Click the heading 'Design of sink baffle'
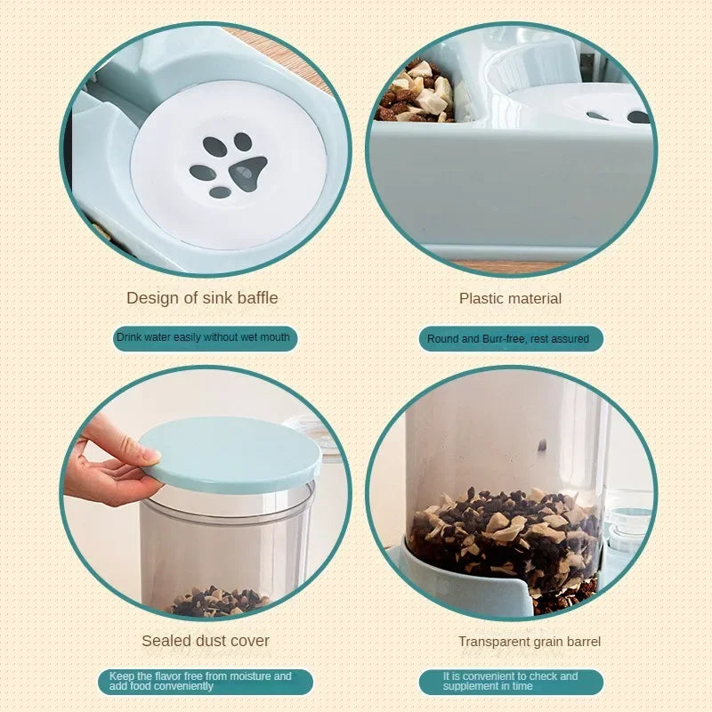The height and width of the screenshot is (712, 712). point(202,298)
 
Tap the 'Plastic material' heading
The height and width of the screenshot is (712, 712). point(510,298)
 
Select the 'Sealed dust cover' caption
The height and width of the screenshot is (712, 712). point(205,641)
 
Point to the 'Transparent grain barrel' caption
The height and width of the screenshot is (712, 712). point(529,642)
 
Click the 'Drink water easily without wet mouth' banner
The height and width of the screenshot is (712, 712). point(204,338)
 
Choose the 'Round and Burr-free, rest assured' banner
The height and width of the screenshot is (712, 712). point(510,339)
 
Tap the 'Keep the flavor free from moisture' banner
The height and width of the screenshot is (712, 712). point(205,682)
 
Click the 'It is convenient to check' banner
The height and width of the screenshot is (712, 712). point(510,682)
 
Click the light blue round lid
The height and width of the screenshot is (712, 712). point(231,454)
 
